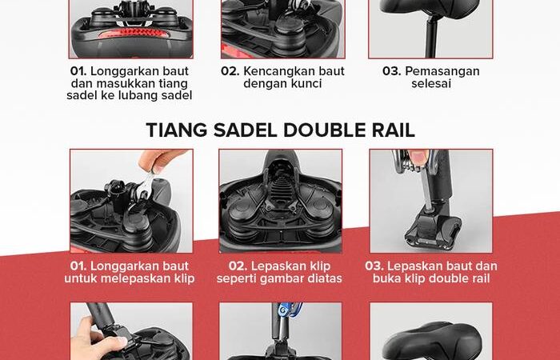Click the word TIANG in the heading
[177, 130]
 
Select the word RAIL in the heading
[394, 130]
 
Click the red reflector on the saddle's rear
[133, 34]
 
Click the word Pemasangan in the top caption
[442, 71]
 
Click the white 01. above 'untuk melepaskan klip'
[78, 266]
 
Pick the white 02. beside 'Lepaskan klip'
[238, 266]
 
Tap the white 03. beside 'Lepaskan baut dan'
[374, 266]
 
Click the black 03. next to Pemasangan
[391, 71]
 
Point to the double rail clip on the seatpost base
[432, 229]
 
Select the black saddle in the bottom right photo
[432, 341]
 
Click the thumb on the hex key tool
[418, 157]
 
